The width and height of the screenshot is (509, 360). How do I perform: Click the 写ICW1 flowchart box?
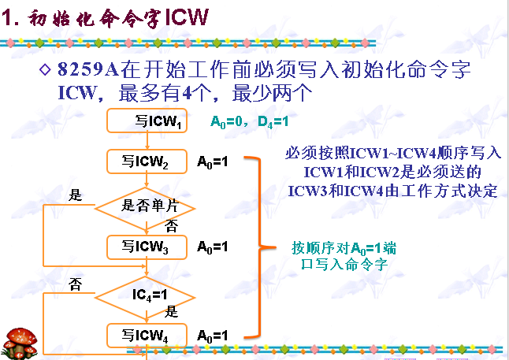click(x=146, y=122)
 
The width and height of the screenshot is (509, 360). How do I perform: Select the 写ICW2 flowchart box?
click(x=146, y=161)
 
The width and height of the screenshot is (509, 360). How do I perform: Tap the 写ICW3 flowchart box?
click(x=146, y=247)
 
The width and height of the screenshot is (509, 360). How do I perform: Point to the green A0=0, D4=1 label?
click(x=250, y=122)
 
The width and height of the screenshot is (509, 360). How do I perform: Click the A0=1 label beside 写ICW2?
click(x=213, y=161)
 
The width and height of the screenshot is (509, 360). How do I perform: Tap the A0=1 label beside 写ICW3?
click(x=213, y=247)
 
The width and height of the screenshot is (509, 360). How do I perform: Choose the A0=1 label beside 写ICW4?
click(x=213, y=334)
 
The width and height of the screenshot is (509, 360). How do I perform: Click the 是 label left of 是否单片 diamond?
click(x=76, y=195)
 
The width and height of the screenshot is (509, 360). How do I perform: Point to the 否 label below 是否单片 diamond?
click(x=171, y=225)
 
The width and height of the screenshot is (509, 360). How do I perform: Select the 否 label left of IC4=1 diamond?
click(x=76, y=281)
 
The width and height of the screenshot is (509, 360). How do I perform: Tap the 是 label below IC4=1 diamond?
click(x=171, y=311)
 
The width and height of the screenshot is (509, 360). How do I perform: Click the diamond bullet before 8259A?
click(x=45, y=69)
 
